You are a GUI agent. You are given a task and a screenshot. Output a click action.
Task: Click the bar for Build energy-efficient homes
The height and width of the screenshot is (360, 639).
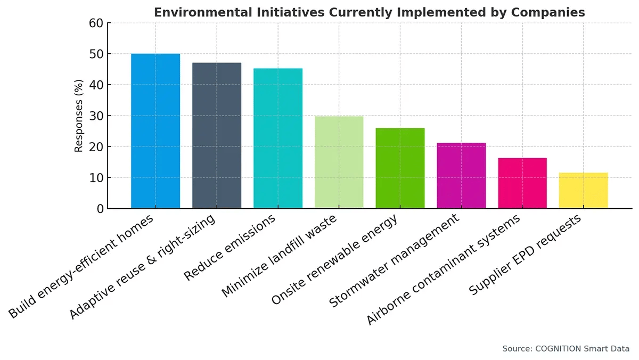click(x=155, y=131)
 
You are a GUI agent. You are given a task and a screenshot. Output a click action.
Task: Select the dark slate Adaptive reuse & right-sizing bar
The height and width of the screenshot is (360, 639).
click(x=217, y=136)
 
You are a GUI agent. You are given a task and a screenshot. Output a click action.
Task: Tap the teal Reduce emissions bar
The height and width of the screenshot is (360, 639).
click(x=278, y=138)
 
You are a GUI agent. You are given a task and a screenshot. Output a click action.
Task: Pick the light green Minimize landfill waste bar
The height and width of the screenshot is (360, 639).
click(x=339, y=162)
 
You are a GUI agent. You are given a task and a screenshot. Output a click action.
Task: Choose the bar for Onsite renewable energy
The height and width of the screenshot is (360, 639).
click(x=400, y=168)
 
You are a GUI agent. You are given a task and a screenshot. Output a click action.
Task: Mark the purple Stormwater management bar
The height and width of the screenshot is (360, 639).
click(x=461, y=176)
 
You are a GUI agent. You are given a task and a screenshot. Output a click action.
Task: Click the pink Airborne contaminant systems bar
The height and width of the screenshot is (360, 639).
click(x=522, y=183)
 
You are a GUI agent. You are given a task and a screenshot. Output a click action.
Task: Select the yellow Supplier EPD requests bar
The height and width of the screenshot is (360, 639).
click(x=584, y=191)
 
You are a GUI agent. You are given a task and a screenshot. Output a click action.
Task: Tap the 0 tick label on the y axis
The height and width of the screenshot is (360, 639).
click(x=100, y=209)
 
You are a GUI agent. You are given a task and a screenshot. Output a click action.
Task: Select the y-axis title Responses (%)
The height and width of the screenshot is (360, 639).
click(x=79, y=116)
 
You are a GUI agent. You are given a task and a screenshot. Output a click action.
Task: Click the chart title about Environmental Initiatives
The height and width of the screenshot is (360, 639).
click(x=369, y=12)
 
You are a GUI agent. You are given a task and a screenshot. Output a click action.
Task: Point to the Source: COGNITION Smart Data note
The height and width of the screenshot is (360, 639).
click(x=566, y=349)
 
